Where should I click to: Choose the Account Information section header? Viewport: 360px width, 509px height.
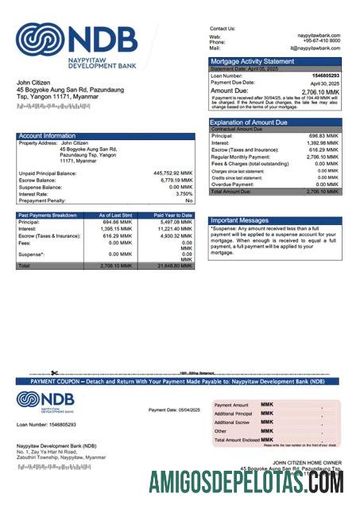pos(48,136)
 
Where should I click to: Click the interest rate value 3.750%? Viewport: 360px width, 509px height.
pos(184,193)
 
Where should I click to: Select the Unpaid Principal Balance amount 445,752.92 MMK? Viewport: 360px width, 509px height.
pos(172,173)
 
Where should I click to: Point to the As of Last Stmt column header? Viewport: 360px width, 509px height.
pos(114,215)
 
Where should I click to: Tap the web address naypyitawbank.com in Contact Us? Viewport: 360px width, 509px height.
pos(319,36)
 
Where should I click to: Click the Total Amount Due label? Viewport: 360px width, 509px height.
pos(231,192)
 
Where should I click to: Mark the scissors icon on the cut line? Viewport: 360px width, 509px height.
pos(54,372)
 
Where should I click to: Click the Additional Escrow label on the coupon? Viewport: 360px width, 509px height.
pos(232,422)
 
